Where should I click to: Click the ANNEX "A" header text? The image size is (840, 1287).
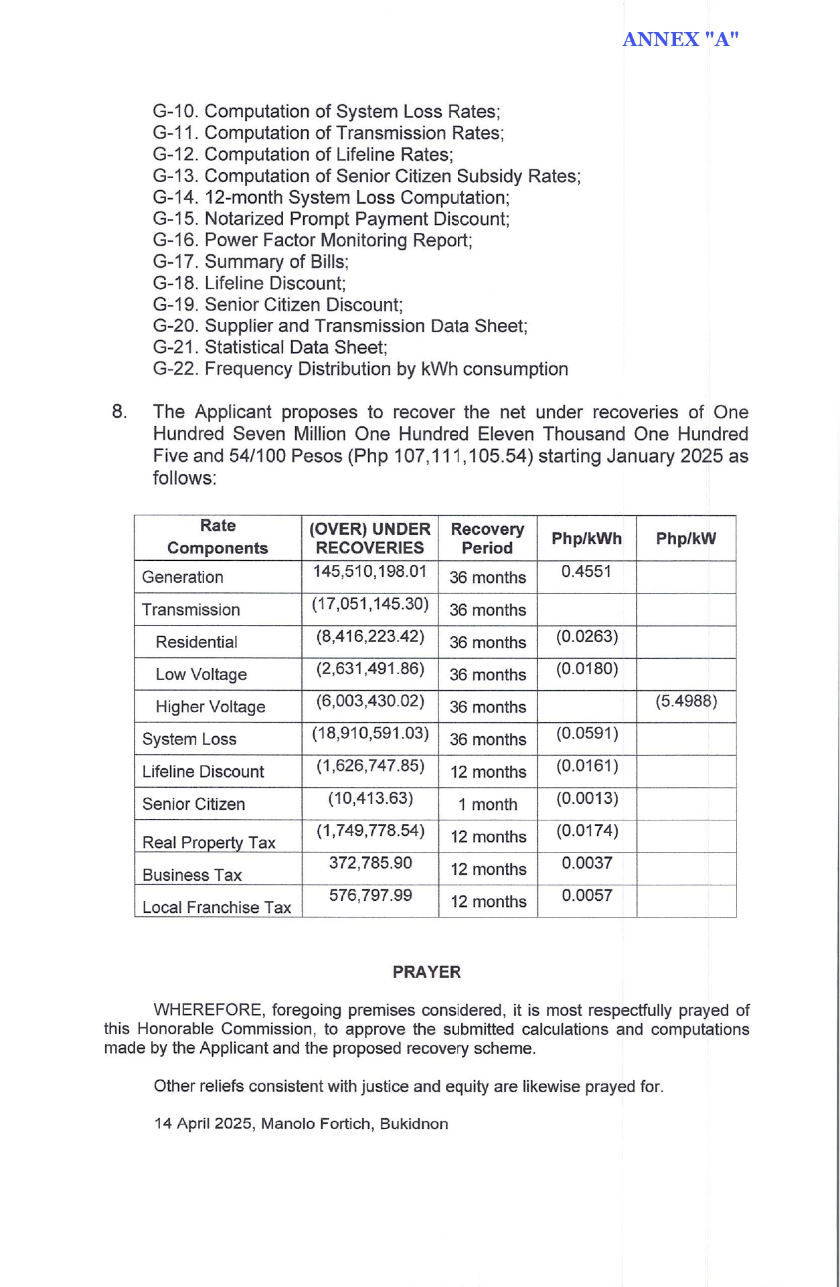pyautogui.click(x=680, y=39)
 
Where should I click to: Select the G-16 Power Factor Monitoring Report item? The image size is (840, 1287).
pyautogui.click(x=313, y=240)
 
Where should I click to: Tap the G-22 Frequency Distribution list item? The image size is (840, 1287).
pyautogui.click(x=360, y=369)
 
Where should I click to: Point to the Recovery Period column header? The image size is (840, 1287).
pyautogui.click(x=487, y=538)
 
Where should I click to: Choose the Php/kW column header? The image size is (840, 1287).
pyautogui.click(x=686, y=539)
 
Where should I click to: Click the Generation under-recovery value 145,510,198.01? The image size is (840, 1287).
pyautogui.click(x=369, y=572)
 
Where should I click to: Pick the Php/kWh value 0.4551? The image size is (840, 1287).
pyautogui.click(x=586, y=572)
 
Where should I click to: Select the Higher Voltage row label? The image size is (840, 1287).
pyautogui.click(x=210, y=707)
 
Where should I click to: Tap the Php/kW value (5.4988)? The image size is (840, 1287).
pyautogui.click(x=686, y=701)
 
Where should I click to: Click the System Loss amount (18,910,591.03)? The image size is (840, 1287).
pyautogui.click(x=370, y=734)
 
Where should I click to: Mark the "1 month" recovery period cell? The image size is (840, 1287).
pyautogui.click(x=487, y=804)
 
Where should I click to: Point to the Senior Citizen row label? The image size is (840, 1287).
pyautogui.click(x=193, y=804)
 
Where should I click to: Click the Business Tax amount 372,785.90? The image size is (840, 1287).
pyautogui.click(x=370, y=863)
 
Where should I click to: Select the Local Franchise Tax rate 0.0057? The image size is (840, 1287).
pyautogui.click(x=587, y=895)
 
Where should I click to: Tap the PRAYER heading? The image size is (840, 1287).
pyautogui.click(x=426, y=972)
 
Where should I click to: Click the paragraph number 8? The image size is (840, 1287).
pyautogui.click(x=119, y=412)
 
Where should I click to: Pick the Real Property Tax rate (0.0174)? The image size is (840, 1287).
pyautogui.click(x=587, y=831)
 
